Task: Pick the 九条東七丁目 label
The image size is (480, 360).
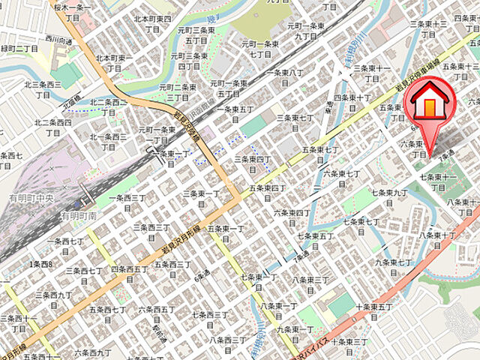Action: pos(393,267)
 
